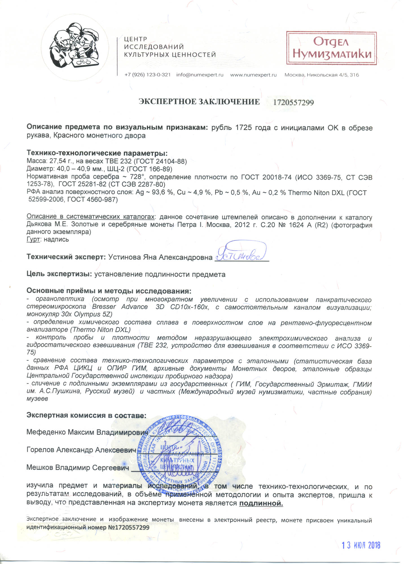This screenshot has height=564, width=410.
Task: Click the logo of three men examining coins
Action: pos(75,45)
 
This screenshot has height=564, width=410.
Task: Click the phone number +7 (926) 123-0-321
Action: pos(147,75)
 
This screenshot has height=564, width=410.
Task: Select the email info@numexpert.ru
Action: pos(200,75)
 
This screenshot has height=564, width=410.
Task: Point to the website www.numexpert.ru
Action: pos(253,75)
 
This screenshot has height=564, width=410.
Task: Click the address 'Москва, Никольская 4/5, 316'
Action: pos(321,75)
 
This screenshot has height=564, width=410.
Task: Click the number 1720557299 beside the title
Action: pos(293,102)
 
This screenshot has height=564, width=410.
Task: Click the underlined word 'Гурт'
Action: pos(33,239)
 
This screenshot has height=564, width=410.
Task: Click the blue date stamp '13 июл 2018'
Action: pos(361,545)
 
